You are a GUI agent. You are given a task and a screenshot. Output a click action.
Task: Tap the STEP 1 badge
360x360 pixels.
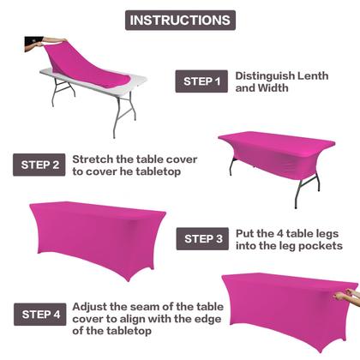(201, 81)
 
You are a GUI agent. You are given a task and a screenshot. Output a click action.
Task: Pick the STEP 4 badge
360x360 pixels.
(39, 314)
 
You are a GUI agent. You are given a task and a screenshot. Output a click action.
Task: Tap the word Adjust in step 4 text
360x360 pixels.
(92, 306)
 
